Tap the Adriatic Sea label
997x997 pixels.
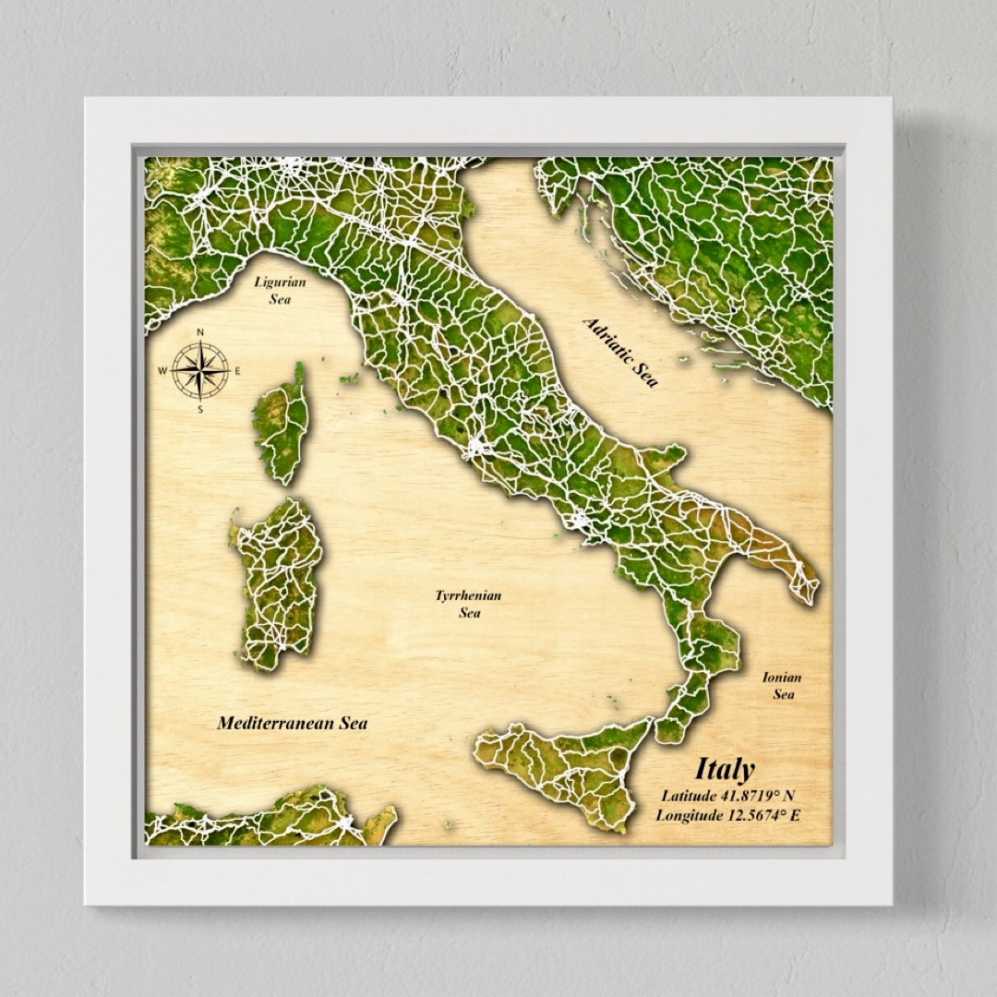pos(620,352)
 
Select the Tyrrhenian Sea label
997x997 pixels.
pos(468,604)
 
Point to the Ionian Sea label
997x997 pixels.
pos(782,685)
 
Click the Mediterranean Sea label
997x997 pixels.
pos(292,723)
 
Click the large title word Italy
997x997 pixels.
pos(725,769)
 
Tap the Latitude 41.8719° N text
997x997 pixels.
pos(727,795)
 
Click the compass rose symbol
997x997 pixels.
pos(200,370)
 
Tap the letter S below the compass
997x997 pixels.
pos(200,409)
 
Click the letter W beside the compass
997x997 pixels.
pos(162,371)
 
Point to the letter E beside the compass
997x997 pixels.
pos(237,371)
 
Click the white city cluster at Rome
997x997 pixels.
pos(477,450)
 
